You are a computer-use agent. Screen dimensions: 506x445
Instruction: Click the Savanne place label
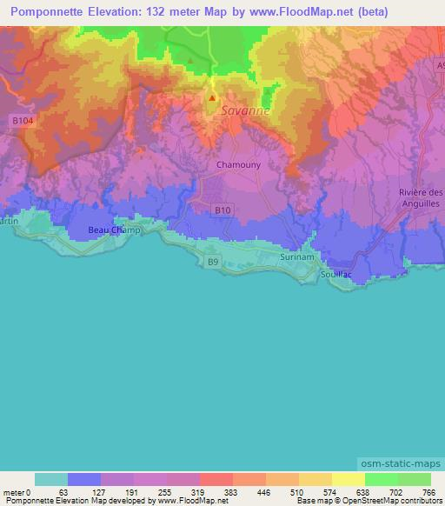click(x=245, y=111)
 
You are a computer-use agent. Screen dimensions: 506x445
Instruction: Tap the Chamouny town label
click(x=234, y=163)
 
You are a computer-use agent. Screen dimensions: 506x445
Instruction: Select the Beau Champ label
click(x=114, y=230)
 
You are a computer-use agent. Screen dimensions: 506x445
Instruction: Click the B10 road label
click(x=223, y=210)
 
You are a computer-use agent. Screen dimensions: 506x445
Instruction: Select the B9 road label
click(x=212, y=261)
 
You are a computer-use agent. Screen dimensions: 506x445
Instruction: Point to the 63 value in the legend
click(x=62, y=491)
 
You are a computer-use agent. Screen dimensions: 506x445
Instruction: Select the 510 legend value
click(x=298, y=491)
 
